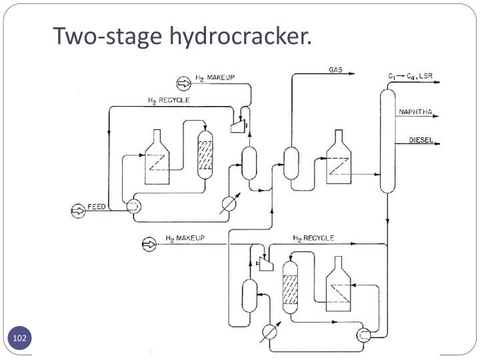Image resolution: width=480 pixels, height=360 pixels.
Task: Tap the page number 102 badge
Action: click(19, 339)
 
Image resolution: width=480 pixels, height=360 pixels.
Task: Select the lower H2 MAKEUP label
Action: click(185, 238)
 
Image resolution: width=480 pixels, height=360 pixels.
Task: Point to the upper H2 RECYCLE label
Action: click(168, 100)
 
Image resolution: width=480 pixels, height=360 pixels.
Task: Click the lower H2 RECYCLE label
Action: click(313, 238)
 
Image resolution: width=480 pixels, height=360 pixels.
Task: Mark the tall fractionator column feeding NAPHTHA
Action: click(387, 140)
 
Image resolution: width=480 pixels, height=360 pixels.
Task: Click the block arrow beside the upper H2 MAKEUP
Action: click(183, 83)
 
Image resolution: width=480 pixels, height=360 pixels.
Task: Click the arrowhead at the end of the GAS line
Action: click(351, 75)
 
